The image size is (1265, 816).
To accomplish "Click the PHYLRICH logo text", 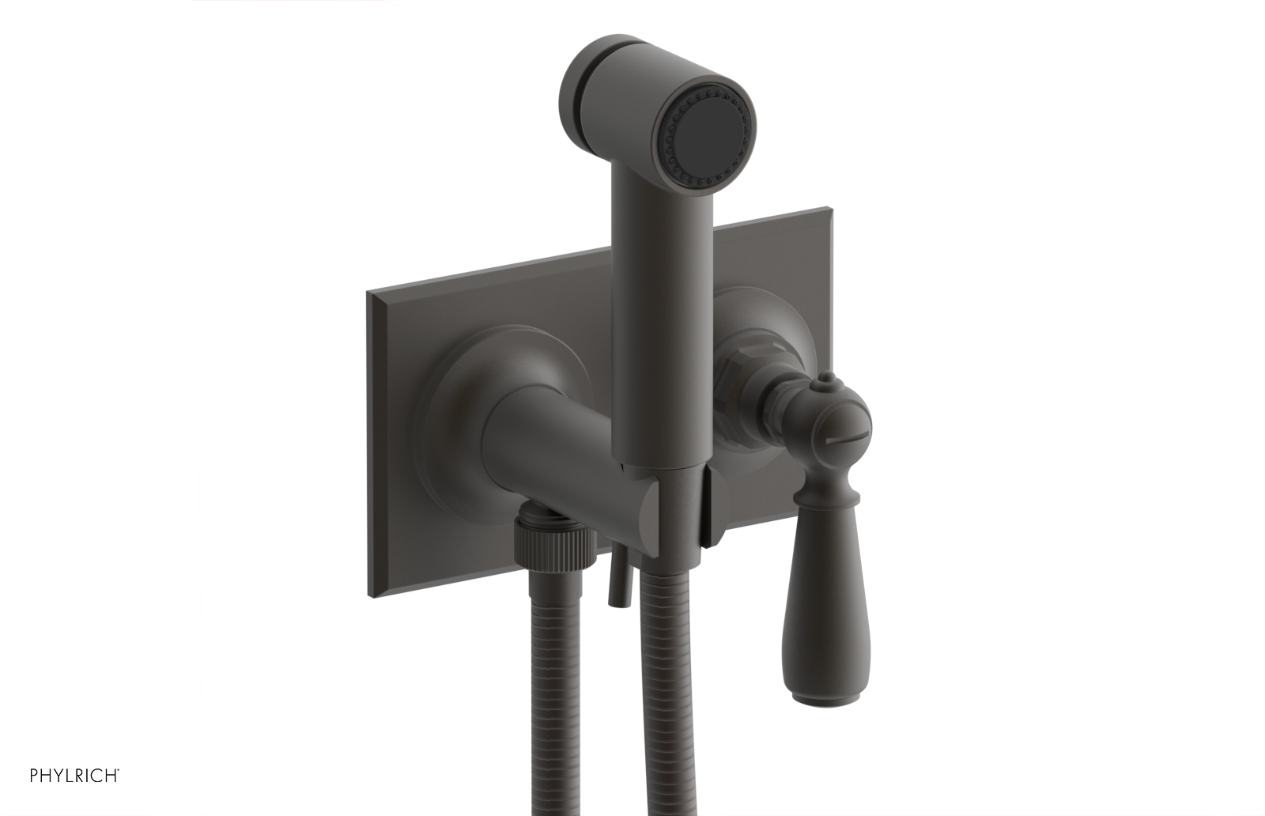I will (74, 776).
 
